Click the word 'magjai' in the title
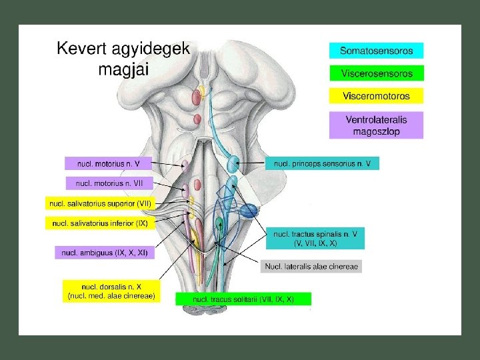[124, 69]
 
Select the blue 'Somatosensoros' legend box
[376, 51]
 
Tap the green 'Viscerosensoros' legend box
[376, 73]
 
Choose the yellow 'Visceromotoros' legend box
[376, 96]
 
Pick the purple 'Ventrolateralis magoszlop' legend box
[376, 125]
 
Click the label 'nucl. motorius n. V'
[108, 163]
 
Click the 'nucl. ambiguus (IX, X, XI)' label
[105, 252]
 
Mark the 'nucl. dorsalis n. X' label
[111, 290]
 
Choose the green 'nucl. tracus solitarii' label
[243, 299]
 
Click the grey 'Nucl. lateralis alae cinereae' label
[312, 267]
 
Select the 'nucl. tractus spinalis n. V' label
[316, 238]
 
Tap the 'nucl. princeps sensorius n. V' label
[322, 163]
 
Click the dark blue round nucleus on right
[248, 211]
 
